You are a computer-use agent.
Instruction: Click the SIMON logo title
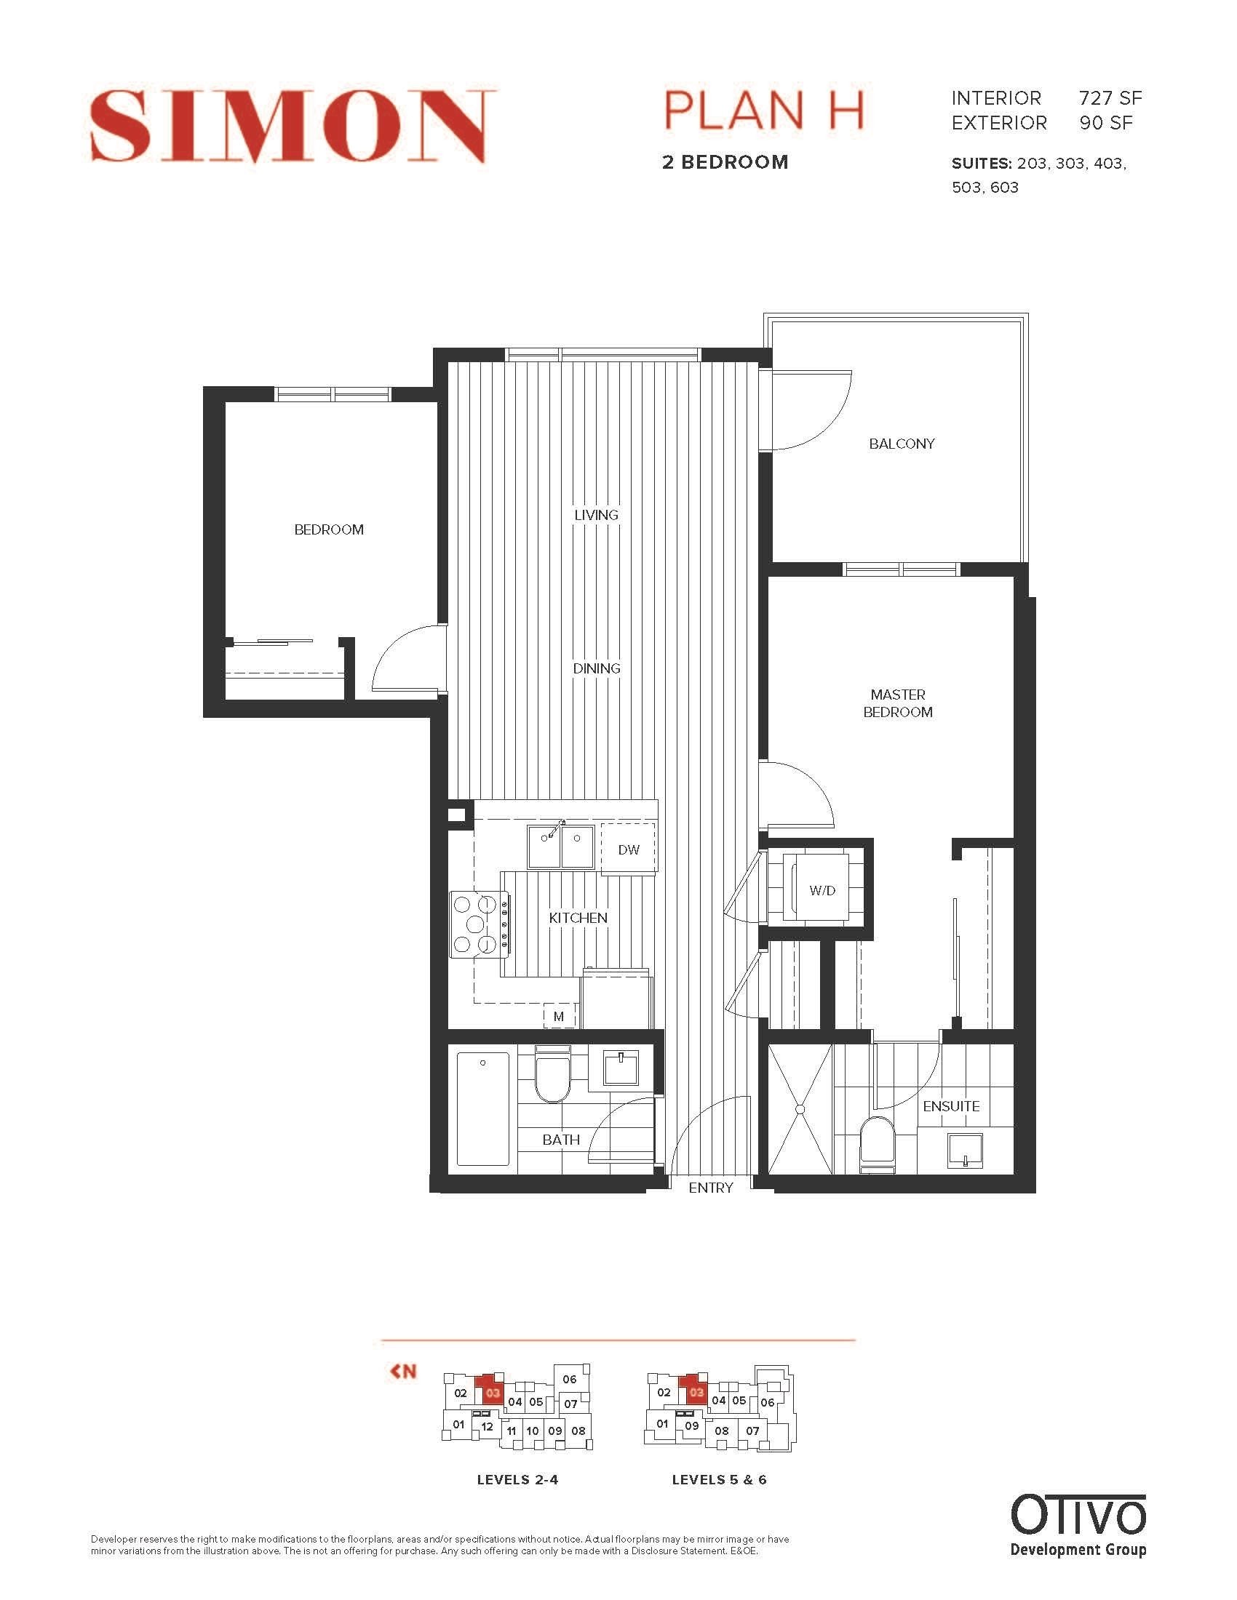293,125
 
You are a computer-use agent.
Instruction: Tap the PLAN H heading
763,111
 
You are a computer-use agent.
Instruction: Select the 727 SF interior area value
1110,98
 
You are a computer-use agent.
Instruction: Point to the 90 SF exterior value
1105,123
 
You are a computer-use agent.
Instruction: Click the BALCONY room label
902,444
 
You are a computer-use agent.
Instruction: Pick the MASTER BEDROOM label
898,703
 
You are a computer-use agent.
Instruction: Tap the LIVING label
596,515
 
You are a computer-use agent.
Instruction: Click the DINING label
597,668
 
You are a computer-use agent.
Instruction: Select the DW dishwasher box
628,849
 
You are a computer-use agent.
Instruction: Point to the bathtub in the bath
482,1108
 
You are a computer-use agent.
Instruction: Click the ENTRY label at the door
710,1188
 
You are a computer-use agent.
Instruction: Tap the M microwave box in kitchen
559,1016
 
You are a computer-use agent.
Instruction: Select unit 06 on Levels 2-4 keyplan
570,1379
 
